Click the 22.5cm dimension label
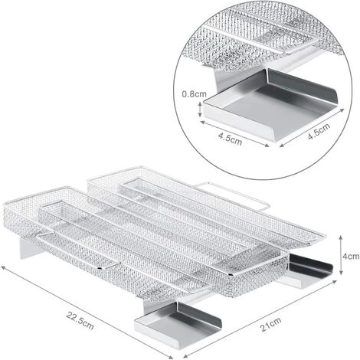pos(80,321)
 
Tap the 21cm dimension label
pos(270,325)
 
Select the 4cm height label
pos(351,256)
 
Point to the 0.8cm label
pos(194,94)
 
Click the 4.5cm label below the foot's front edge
pos(230,139)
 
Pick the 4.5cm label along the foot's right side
pos(319,132)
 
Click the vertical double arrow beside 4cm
pos(341,255)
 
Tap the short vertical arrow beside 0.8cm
pos(200,109)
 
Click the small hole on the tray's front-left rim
pos(100,268)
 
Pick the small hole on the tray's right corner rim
pos(231,275)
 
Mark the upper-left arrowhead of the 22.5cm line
pos(3,267)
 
